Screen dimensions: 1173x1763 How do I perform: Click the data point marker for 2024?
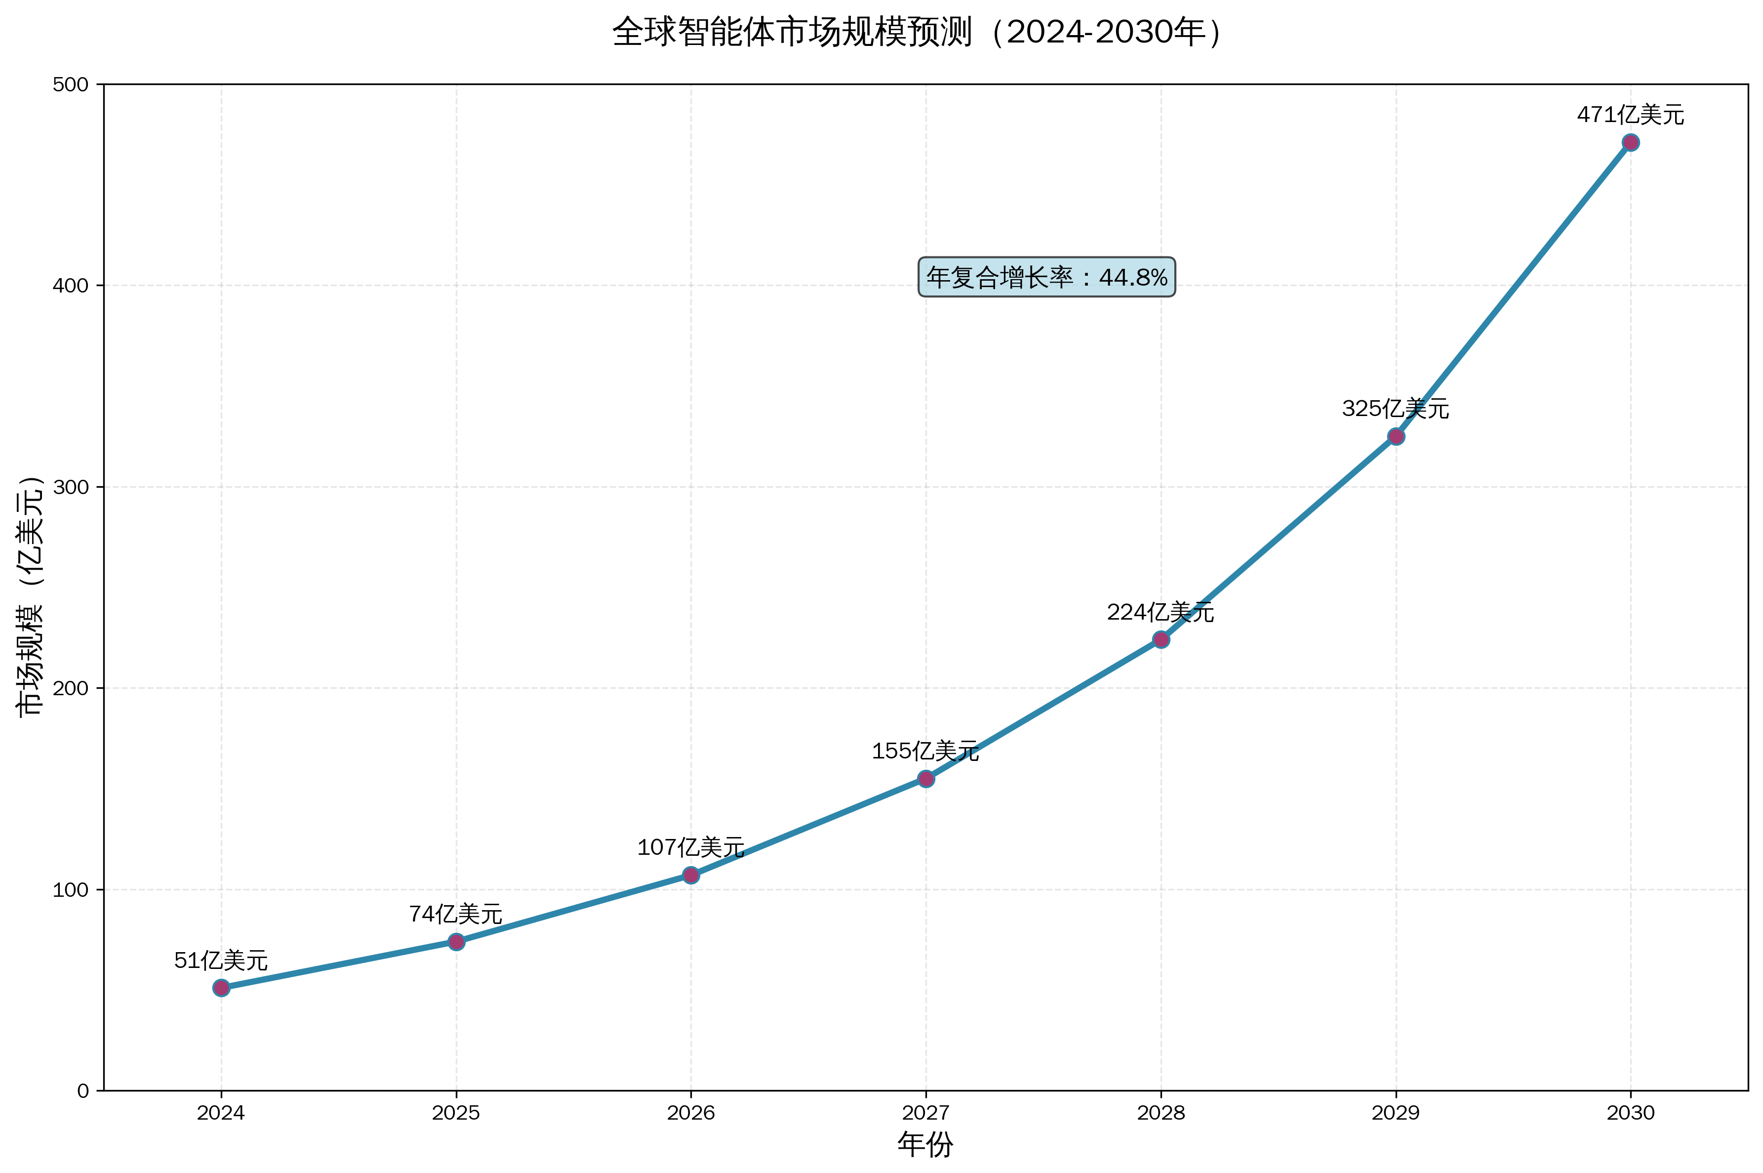click(221, 988)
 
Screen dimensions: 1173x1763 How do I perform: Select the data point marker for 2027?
click(925, 779)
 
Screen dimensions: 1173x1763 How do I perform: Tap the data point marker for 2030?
click(1631, 143)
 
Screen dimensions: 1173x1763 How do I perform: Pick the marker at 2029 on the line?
click(1396, 437)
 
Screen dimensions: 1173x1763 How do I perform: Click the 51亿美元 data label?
click(221, 961)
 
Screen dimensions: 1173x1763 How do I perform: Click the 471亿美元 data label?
click(1631, 115)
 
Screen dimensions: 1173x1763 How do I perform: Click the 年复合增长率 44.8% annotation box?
click(1047, 278)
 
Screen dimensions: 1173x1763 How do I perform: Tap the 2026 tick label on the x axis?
click(691, 1113)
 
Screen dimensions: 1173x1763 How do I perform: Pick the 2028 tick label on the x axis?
click(1161, 1113)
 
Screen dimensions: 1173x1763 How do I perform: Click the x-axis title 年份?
click(925, 1144)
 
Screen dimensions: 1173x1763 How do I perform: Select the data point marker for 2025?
click(456, 942)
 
